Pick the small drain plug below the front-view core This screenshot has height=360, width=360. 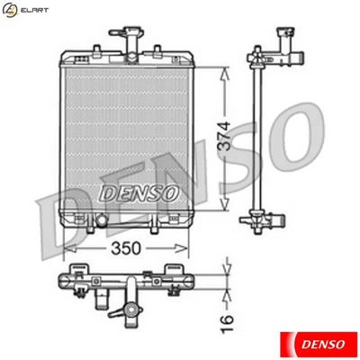click(102, 220)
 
